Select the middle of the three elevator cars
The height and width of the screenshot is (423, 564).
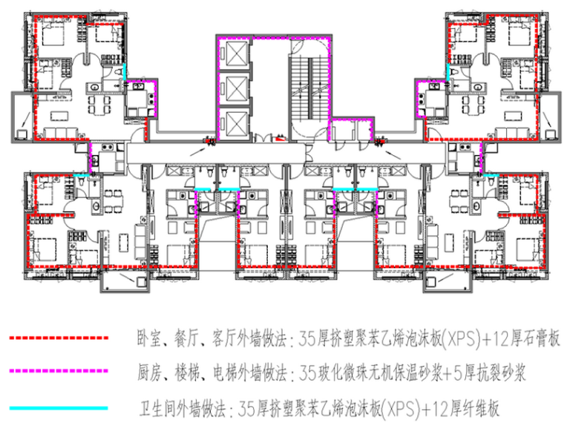tap(234, 88)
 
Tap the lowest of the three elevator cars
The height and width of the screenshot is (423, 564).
tap(234, 121)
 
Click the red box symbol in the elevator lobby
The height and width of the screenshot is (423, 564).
tap(279, 137)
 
